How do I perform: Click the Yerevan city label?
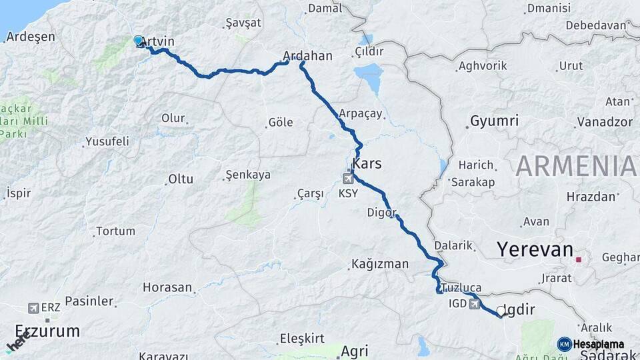point(535,250)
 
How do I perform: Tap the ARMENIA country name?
point(575,165)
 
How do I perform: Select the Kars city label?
point(367,163)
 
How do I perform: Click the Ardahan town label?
point(307,56)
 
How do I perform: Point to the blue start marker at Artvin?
point(138,41)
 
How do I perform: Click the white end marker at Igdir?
point(501,311)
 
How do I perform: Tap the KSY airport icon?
point(348,178)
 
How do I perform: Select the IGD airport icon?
point(474,304)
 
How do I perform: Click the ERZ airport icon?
point(33,308)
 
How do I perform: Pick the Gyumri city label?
point(494,121)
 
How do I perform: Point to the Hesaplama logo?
point(591,344)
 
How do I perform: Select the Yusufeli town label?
point(107,142)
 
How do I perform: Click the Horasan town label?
point(167,288)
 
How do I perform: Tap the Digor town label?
point(381,213)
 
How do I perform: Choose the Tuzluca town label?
point(461,287)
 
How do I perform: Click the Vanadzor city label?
point(605,121)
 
